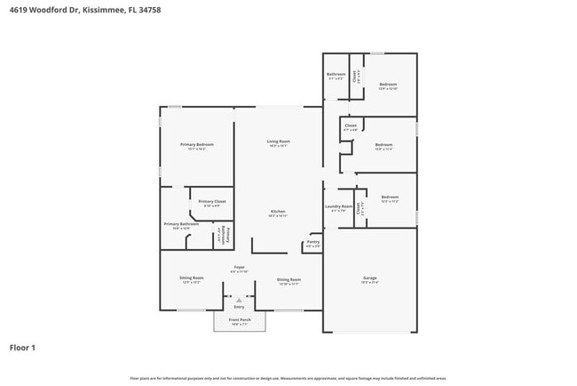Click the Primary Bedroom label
click(x=196, y=144)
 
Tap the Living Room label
click(x=279, y=141)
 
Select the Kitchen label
click(x=278, y=211)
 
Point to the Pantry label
click(x=313, y=241)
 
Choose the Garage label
click(x=369, y=278)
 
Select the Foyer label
click(x=239, y=267)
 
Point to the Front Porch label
click(x=240, y=319)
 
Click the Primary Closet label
click(x=212, y=201)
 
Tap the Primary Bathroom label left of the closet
click(x=180, y=224)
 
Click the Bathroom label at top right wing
click(x=336, y=74)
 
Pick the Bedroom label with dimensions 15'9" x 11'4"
click(x=383, y=144)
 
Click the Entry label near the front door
click(x=239, y=307)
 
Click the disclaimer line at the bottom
click(x=288, y=378)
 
